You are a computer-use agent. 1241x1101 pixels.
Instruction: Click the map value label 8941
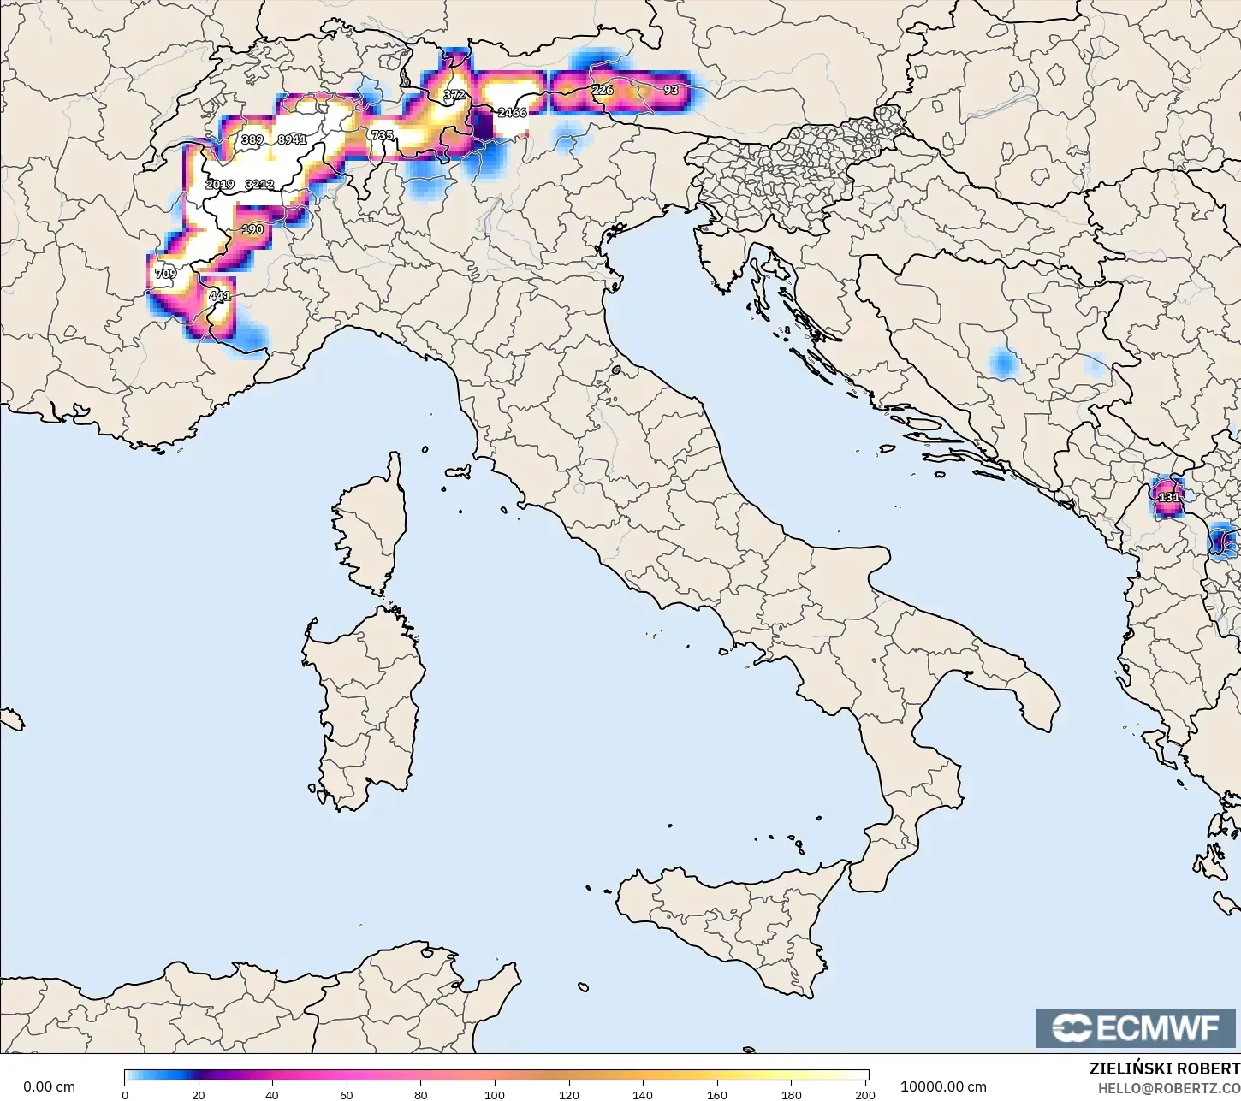[292, 139]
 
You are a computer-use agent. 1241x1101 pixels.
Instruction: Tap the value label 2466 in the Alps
[512, 112]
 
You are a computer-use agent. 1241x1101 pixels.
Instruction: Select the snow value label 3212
[259, 184]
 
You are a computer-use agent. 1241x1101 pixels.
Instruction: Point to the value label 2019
[220, 184]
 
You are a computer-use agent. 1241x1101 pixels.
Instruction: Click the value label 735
[382, 135]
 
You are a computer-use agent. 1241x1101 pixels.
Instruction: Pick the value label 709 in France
[165, 274]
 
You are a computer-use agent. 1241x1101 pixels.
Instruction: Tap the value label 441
[220, 296]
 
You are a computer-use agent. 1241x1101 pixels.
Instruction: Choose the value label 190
[252, 229]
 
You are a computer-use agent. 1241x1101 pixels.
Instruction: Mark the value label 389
[252, 139]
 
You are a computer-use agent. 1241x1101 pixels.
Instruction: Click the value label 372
[454, 94]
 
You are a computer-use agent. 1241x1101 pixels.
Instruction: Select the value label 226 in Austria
[603, 90]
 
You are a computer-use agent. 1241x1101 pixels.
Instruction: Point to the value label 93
[671, 90]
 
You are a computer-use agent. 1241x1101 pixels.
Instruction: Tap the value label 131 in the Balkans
[1168, 497]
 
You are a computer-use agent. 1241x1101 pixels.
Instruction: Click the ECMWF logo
[1137, 1027]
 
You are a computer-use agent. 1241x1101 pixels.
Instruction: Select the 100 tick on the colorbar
[495, 1094]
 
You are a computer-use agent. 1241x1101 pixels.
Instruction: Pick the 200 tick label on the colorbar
[864, 1094]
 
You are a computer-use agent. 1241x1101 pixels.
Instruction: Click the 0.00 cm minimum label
[49, 1086]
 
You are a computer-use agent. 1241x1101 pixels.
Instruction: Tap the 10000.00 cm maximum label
[943, 1086]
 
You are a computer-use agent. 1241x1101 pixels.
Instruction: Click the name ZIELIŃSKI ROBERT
[1164, 1068]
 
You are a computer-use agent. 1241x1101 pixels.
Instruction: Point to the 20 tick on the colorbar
[199, 1094]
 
